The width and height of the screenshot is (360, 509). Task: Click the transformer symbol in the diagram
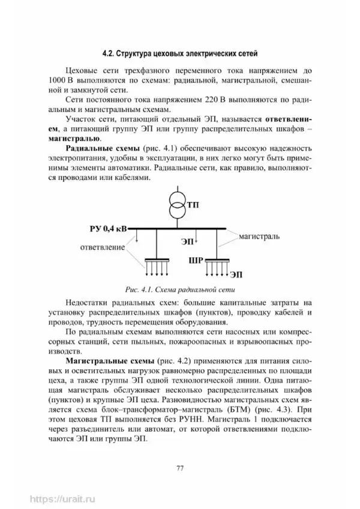coord(177,205)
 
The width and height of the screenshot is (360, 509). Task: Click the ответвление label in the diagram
coord(100,246)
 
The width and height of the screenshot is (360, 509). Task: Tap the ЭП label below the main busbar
coord(187,242)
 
